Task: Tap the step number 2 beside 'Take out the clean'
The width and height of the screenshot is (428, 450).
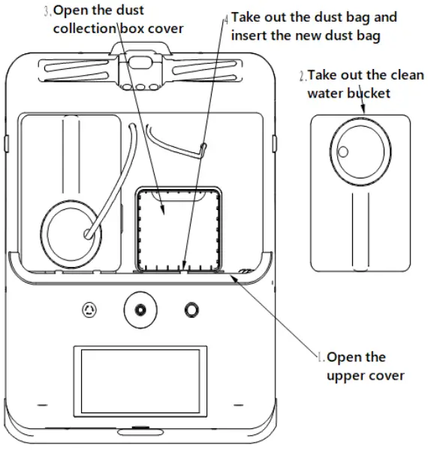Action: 301,76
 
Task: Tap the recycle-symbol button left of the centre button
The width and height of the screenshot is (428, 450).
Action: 90,309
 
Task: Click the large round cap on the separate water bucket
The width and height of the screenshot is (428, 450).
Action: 360,148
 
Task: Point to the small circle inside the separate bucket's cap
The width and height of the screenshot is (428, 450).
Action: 343,151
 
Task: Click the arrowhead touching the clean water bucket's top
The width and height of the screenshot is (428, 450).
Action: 364,112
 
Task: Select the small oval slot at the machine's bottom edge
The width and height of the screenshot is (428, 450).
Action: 140,430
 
